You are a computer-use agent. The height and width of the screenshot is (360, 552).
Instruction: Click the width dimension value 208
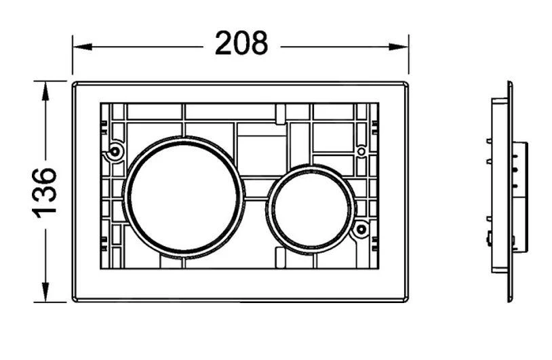(241, 43)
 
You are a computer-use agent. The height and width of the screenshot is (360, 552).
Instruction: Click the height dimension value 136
(44, 193)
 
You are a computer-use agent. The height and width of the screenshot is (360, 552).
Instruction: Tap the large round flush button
(183, 197)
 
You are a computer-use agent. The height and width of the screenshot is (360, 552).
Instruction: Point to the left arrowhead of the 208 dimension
(82, 47)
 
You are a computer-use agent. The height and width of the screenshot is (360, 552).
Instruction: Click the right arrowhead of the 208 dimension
(399, 47)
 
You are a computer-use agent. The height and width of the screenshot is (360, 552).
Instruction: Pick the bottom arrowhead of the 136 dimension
(45, 292)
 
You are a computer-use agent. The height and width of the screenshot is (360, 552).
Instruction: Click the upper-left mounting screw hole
(115, 152)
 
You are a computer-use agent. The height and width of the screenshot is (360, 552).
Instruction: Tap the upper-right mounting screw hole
(361, 152)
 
